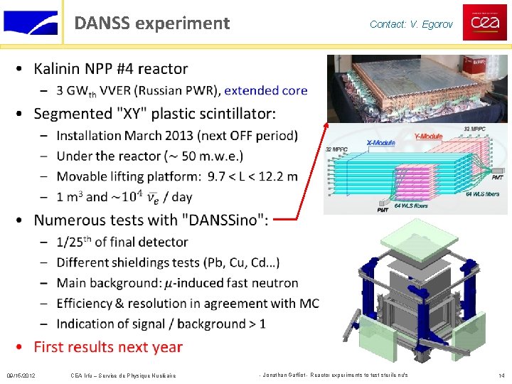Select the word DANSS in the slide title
[x=102, y=23]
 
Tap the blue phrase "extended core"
[x=265, y=90]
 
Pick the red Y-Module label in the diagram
[x=427, y=137]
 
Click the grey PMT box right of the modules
[x=497, y=171]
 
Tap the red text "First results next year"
[x=108, y=347]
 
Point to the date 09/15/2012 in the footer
[x=21, y=375]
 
